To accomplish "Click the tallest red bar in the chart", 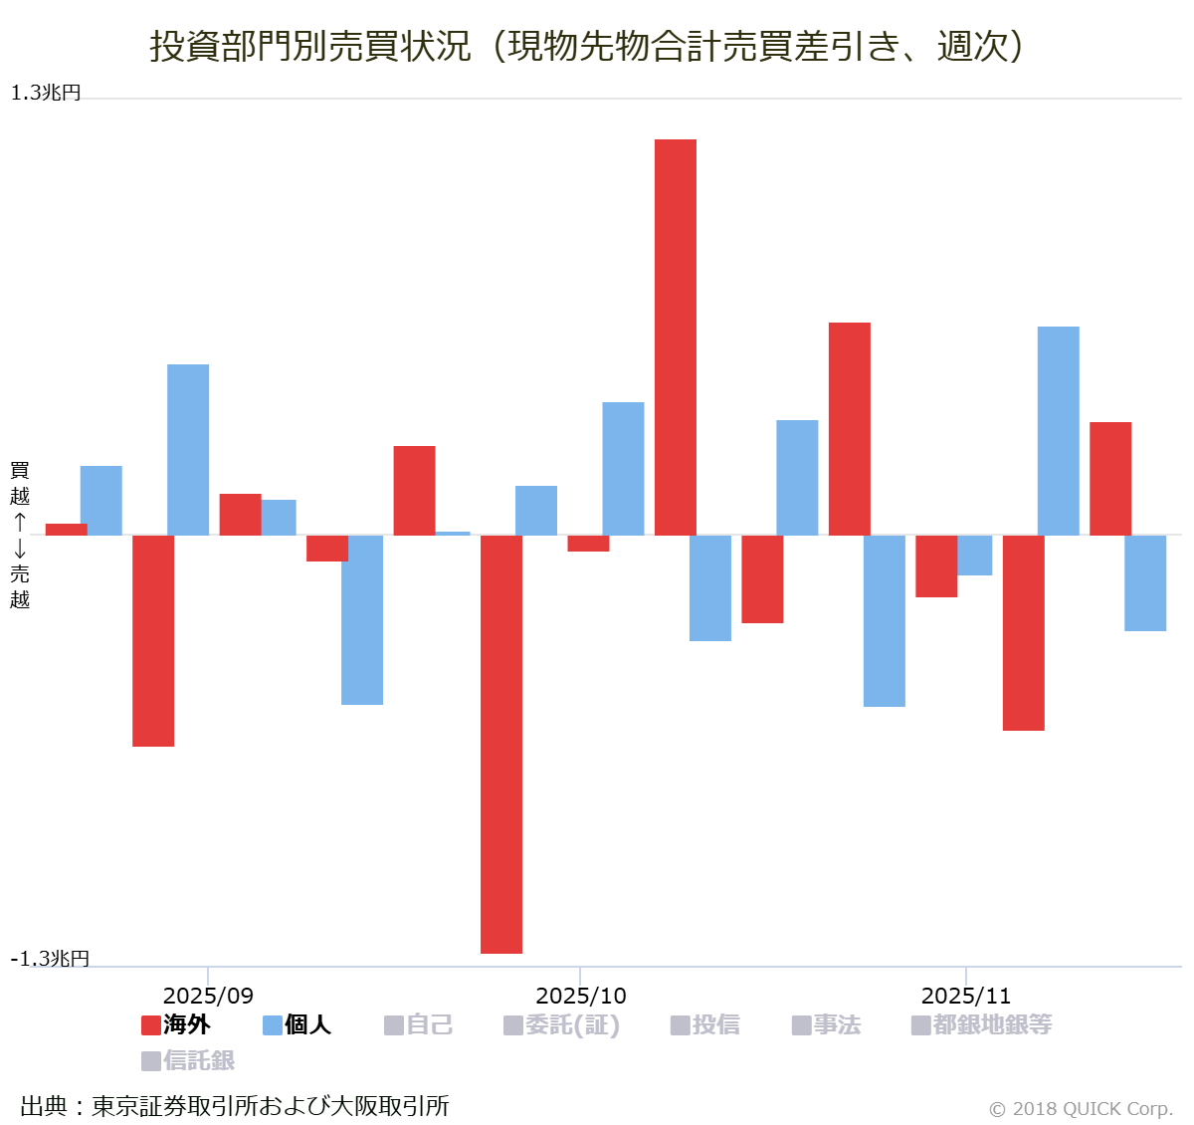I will click(x=675, y=337).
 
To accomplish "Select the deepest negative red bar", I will click(x=501, y=744).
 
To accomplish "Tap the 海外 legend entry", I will click(x=176, y=1024).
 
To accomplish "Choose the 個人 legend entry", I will click(x=297, y=1024).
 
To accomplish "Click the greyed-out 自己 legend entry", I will click(x=419, y=1024).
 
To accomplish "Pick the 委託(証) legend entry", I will click(x=562, y=1024).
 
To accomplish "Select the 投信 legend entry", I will click(x=705, y=1024).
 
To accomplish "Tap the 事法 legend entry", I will click(x=827, y=1024).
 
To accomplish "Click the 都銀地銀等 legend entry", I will click(x=982, y=1024).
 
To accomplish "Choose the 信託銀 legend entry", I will click(x=189, y=1060).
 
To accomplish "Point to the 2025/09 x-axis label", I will click(x=208, y=996).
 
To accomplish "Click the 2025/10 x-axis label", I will click(x=581, y=996).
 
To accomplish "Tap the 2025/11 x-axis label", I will click(x=966, y=996).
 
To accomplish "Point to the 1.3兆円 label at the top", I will click(x=46, y=93).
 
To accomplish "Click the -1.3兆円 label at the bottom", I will click(x=50, y=958).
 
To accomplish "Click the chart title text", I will click(x=587, y=46).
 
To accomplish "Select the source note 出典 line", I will click(x=235, y=1105).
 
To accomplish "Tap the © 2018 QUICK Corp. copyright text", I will click(x=1081, y=1108).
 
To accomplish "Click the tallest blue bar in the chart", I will click(x=1058, y=430).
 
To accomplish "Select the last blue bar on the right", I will click(x=1145, y=582).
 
